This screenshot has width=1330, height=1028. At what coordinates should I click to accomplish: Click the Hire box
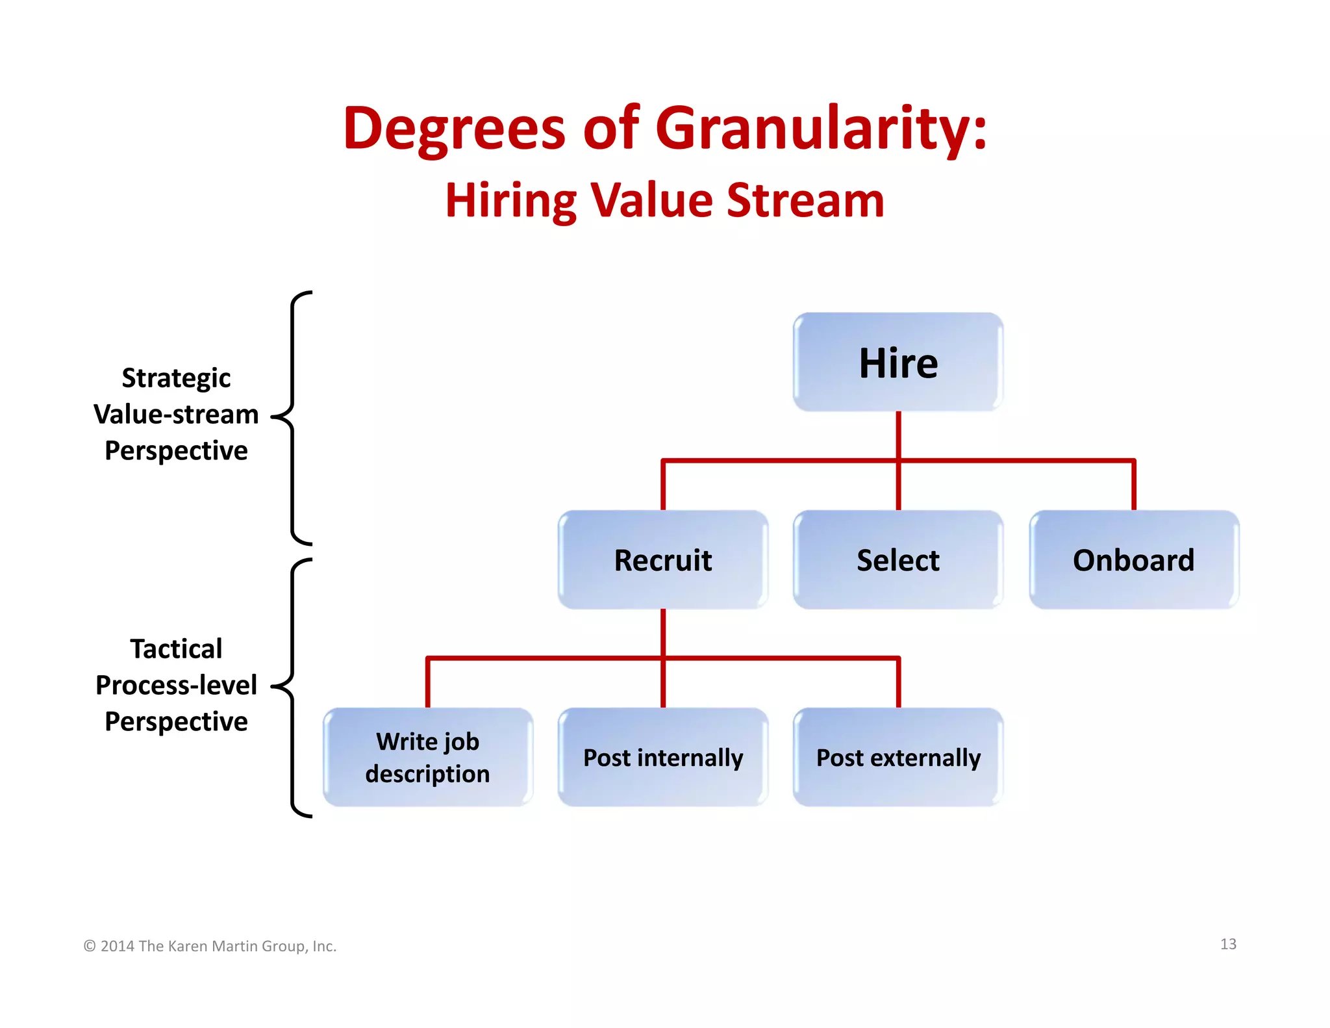coord(898,363)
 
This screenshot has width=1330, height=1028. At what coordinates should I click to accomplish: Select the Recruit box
coord(663,560)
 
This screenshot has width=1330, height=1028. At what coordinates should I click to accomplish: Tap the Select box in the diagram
coord(898,560)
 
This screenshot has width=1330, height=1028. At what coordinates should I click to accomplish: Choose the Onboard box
coord(1134,560)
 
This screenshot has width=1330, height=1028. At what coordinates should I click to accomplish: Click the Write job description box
coord(428,758)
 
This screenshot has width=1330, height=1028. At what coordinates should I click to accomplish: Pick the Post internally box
coord(663,758)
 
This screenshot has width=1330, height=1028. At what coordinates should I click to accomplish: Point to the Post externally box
coord(898,758)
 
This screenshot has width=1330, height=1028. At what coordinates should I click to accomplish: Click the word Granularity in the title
coord(822,128)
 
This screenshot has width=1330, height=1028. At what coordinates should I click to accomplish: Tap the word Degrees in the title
coord(455,128)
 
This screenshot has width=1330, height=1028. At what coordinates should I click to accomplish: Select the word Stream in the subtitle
coord(805,200)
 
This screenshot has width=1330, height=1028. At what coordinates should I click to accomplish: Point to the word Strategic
coord(176,378)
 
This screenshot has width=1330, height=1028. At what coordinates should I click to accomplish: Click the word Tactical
coord(176,649)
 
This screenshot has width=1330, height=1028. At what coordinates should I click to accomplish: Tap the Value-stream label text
coord(176,414)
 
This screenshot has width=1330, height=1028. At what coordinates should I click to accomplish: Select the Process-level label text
coord(176,685)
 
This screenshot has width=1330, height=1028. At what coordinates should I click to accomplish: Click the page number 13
coord(1228,944)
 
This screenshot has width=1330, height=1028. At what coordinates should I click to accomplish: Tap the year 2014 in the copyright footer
coord(118,946)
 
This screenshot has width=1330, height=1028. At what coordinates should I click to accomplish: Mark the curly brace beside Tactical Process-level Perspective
coord(293,687)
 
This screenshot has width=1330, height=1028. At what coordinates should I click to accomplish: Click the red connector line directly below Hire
coord(898,435)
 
